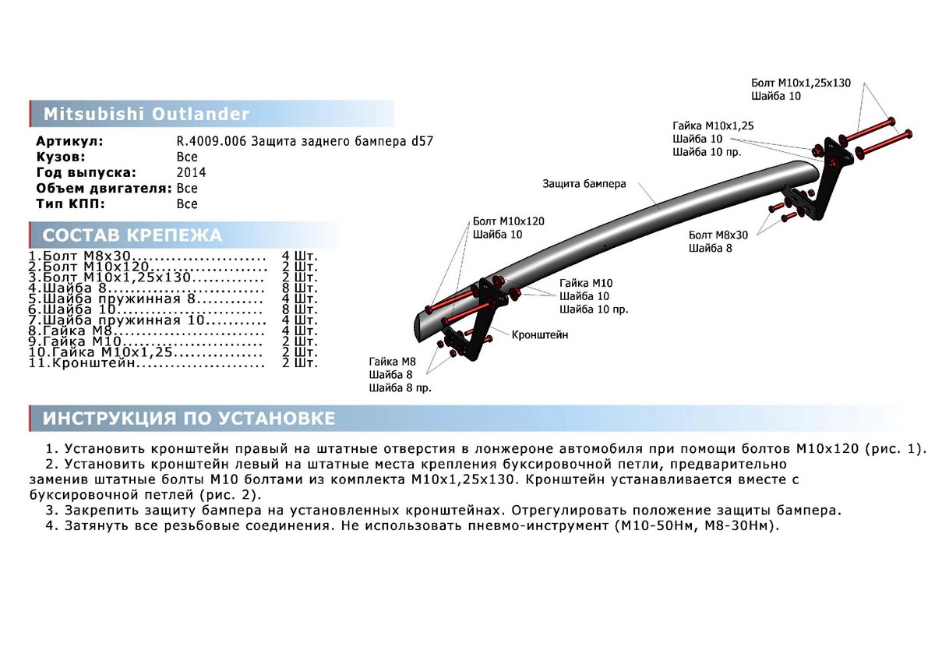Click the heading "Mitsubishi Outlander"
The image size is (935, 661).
(146, 115)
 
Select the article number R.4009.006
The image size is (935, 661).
(212, 142)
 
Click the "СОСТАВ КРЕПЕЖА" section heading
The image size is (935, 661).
(132, 235)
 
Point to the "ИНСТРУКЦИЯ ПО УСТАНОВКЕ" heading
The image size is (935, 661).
(189, 419)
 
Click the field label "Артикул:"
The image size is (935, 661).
(69, 142)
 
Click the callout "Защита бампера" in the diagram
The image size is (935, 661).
(584, 185)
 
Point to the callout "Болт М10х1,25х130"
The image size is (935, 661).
(801, 82)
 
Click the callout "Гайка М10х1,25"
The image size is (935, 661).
(713, 125)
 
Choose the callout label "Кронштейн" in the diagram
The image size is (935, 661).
(540, 334)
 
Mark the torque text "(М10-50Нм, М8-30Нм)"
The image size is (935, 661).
(695, 525)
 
